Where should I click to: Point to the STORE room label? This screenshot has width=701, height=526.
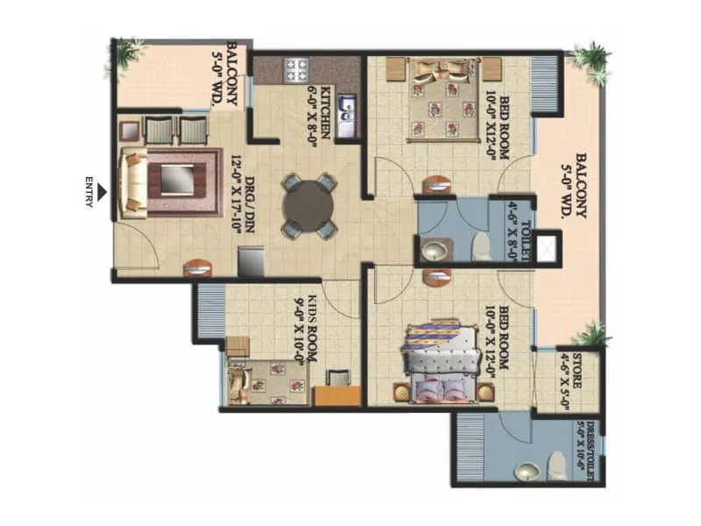click(x=577, y=373)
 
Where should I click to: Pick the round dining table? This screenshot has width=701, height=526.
click(x=308, y=206)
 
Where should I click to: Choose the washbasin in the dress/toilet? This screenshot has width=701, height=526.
click(x=527, y=473)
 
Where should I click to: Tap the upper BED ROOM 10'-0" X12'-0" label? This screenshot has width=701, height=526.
click(x=492, y=122)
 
